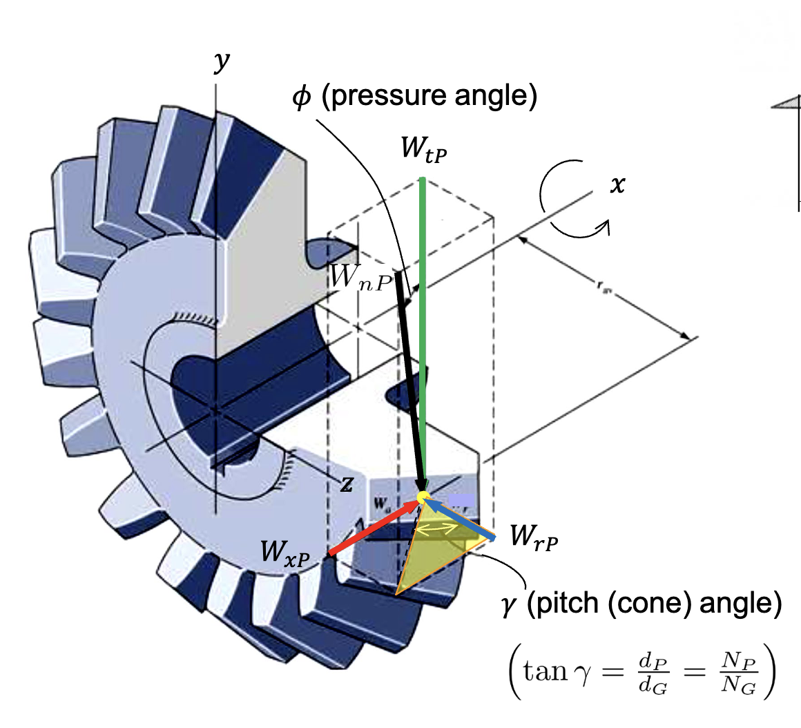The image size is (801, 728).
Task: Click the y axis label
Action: [221, 62]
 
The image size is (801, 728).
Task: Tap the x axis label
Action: [617, 184]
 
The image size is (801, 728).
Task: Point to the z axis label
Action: [346, 486]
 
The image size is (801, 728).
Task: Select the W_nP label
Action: [360, 277]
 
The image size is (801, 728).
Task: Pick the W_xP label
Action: [284, 553]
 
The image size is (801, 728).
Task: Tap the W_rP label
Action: [533, 537]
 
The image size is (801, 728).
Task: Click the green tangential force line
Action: [423, 311]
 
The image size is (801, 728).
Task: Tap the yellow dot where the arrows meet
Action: [422, 497]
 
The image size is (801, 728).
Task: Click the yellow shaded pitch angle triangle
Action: [428, 553]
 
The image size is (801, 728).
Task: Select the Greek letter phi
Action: [301, 98]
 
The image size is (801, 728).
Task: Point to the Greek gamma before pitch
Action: [510, 606]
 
